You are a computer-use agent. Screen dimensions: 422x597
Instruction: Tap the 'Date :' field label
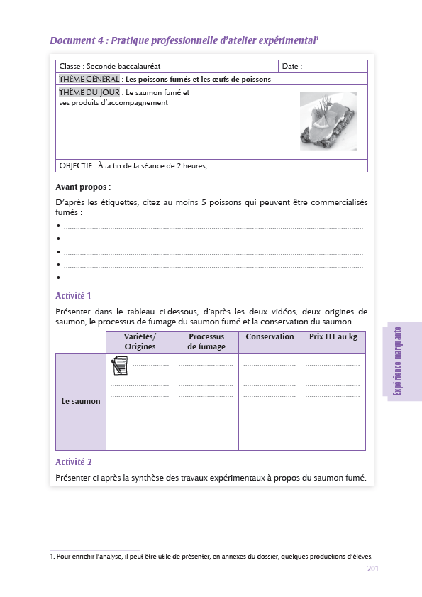click(292, 67)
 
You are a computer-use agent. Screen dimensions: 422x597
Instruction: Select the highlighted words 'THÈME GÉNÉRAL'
click(89, 80)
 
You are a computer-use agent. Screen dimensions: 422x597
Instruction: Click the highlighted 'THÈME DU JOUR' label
click(89, 92)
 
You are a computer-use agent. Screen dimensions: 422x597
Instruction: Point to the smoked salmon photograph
click(328, 121)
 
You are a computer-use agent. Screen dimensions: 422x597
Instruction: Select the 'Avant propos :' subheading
click(83, 187)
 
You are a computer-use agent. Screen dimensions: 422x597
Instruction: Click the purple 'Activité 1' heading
click(73, 295)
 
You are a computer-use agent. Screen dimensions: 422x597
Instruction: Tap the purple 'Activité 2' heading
click(73, 462)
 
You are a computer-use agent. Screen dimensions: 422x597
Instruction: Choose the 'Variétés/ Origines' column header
click(140, 341)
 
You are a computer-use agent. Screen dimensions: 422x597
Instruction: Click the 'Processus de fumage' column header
click(206, 341)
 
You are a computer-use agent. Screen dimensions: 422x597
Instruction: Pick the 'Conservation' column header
click(270, 337)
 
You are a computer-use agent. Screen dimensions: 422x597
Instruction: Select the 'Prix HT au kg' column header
click(333, 337)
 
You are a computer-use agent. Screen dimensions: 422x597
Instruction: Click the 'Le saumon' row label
click(81, 401)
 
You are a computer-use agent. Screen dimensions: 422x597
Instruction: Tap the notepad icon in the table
click(120, 366)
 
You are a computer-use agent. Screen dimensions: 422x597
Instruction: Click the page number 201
click(374, 569)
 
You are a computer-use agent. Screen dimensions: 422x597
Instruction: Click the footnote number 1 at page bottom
click(52, 557)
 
